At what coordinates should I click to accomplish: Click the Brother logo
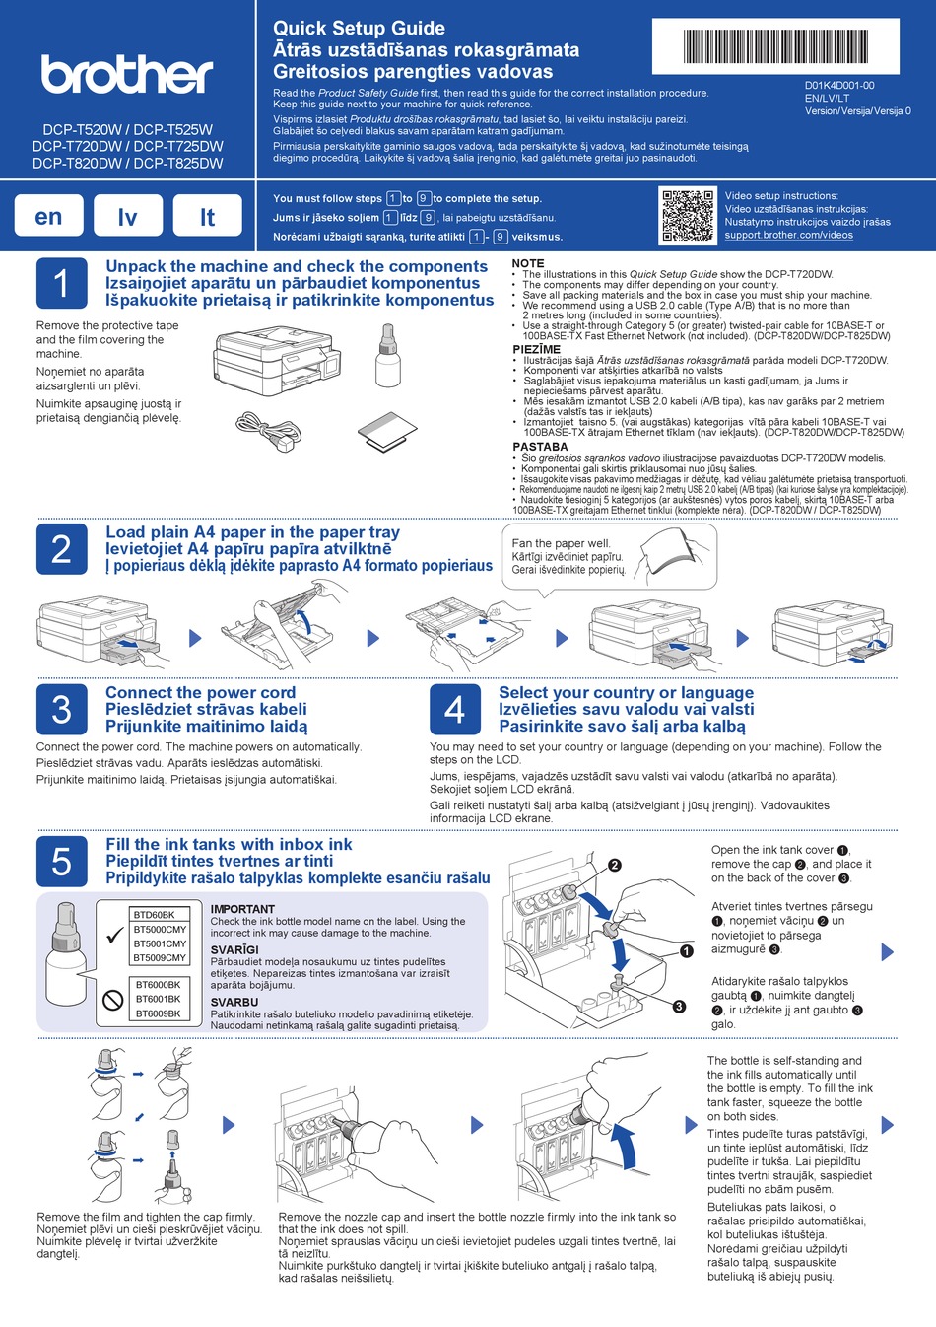(126, 74)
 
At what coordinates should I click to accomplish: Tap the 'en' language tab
(48, 217)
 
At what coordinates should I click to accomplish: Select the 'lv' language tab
(128, 217)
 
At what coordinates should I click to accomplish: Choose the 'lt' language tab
(207, 217)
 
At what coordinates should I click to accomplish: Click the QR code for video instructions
(687, 216)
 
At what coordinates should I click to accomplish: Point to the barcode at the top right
(789, 46)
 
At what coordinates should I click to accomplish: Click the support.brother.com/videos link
(788, 235)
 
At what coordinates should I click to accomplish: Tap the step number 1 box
(61, 283)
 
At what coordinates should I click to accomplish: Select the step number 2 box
(61, 548)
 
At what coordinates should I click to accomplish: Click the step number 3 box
(61, 709)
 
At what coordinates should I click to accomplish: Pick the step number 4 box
(454, 709)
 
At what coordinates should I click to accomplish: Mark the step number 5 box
(61, 861)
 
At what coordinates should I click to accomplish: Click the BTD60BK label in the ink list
(155, 915)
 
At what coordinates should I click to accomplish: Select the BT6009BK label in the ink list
(159, 1013)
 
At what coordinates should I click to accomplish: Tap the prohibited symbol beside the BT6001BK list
(112, 999)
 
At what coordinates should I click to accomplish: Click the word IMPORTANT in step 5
(242, 909)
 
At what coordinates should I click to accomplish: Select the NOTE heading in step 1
(528, 263)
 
